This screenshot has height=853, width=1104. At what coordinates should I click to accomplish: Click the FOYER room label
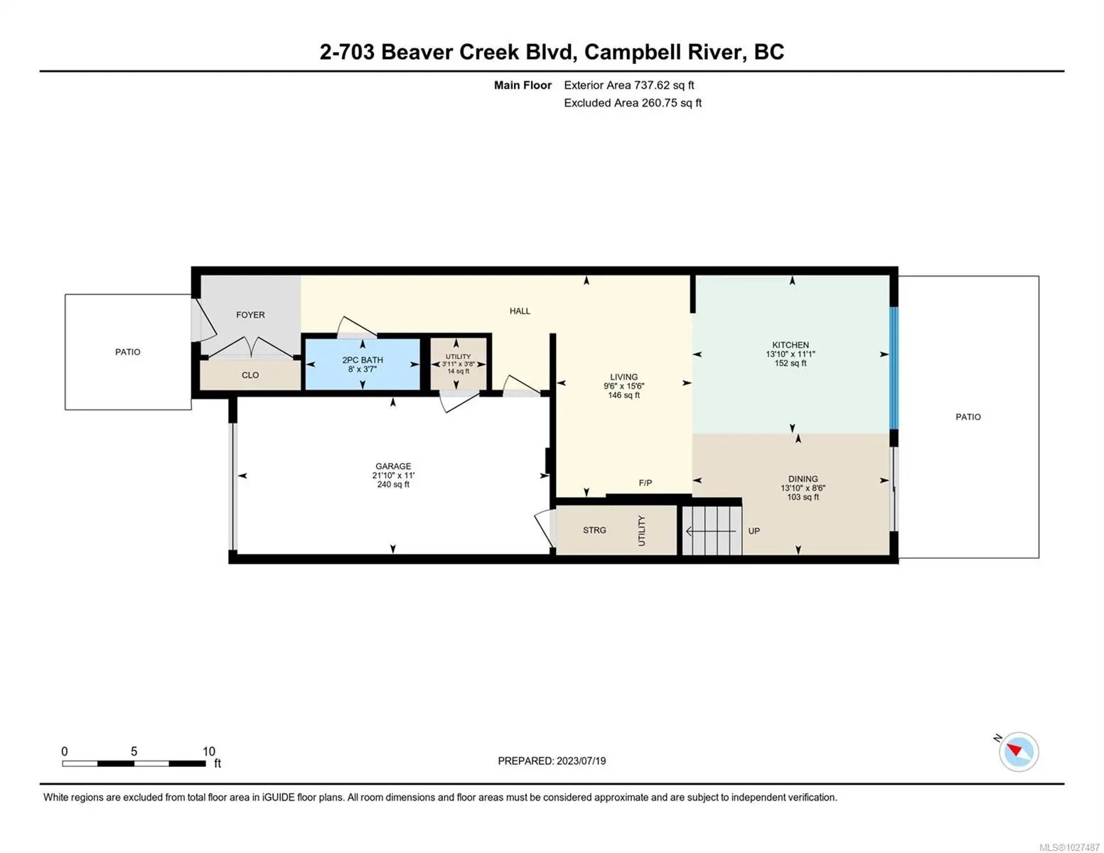[250, 315]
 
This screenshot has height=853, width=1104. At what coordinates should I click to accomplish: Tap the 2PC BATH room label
[363, 360]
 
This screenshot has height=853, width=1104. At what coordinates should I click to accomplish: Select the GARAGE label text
[392, 466]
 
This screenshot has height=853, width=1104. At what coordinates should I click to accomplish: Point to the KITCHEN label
[790, 345]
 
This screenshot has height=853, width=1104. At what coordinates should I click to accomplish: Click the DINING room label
[803, 478]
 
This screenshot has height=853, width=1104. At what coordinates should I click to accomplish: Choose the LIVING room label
[623, 377]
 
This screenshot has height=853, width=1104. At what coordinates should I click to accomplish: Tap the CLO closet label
[250, 375]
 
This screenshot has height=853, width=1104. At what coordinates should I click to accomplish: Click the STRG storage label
[594, 530]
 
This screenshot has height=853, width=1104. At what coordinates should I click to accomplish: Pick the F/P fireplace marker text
[645, 483]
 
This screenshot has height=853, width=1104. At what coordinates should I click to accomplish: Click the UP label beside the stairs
[754, 531]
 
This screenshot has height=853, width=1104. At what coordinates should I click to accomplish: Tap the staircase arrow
[710, 532]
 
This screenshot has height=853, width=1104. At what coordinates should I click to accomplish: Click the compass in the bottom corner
[1018, 751]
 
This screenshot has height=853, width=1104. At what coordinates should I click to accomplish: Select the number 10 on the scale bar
[209, 751]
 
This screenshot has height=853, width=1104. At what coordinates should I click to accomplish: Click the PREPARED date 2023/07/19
[580, 761]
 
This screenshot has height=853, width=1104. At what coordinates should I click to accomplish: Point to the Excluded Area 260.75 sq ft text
[632, 102]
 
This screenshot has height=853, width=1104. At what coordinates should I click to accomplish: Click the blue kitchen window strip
[894, 368]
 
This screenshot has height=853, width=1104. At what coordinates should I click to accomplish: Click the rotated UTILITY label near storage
[641, 530]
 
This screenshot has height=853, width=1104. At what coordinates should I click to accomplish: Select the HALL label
[519, 311]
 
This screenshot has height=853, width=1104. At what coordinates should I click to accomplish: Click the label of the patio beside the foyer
[127, 352]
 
